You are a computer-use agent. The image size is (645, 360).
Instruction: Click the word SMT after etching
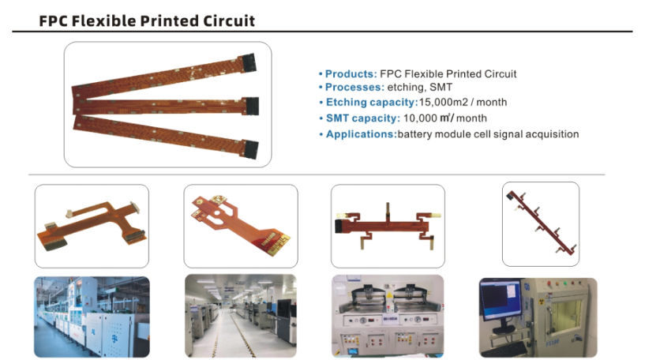441,87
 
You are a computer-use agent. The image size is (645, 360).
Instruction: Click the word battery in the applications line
414,134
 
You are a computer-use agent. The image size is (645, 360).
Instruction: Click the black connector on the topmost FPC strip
247,62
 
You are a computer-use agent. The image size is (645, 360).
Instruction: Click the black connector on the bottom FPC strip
250,148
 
